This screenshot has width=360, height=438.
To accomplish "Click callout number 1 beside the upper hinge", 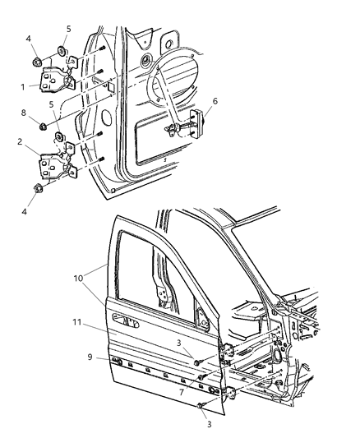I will [x=21, y=84].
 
